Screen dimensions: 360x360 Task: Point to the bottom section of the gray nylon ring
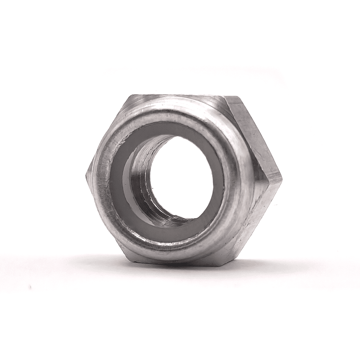pyautogui.click(x=169, y=234)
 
